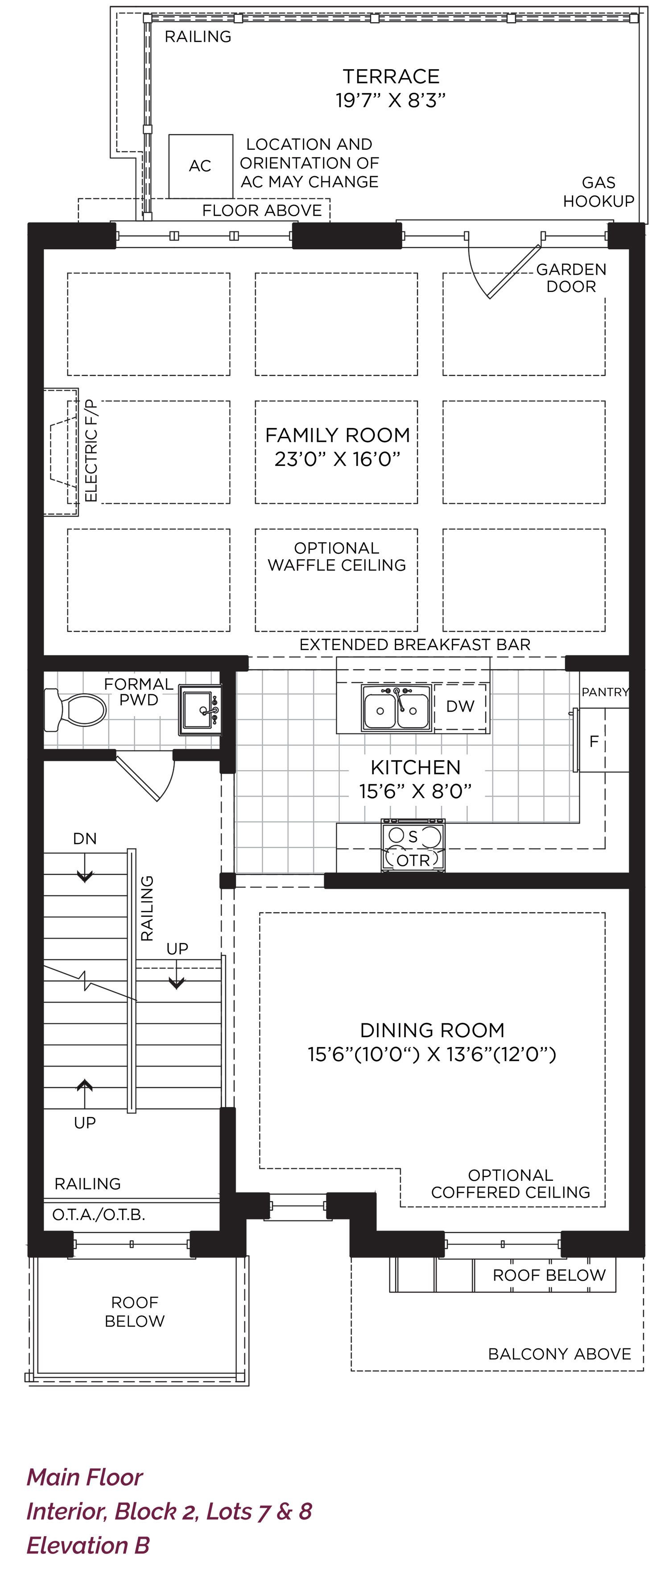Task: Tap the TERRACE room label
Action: point(391,76)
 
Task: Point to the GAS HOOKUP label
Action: point(599,192)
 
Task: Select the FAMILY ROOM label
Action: point(337,435)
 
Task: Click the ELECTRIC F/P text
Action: point(91,451)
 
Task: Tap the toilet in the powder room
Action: point(74,709)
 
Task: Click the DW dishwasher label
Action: point(460,706)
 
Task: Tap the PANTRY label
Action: point(605,692)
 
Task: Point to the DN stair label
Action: point(85,839)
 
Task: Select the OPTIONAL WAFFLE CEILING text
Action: point(337,556)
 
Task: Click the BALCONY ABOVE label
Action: point(560,1354)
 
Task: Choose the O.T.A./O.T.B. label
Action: point(99,1215)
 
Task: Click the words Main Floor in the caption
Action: point(84,1477)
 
